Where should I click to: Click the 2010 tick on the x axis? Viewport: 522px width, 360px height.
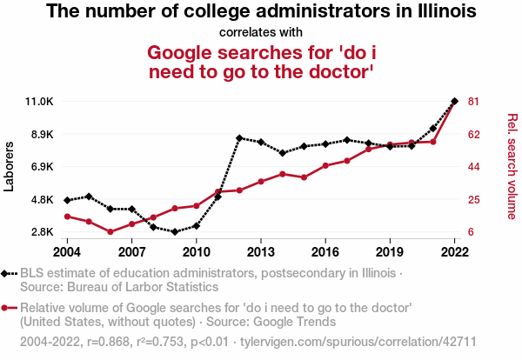(x=196, y=251)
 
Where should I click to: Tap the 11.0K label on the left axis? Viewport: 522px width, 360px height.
(x=39, y=102)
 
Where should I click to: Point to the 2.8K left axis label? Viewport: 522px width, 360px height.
(x=40, y=232)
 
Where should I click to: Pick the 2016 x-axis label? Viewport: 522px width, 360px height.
(x=325, y=251)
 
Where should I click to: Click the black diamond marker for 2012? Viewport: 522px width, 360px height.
(x=239, y=138)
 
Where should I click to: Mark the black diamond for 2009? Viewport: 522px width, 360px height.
(x=175, y=232)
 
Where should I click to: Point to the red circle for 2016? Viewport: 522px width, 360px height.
(x=325, y=165)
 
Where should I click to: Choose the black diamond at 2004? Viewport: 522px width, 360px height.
(x=68, y=201)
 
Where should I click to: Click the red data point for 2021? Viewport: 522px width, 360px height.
(x=433, y=142)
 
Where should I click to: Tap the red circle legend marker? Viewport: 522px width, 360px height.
(x=6, y=308)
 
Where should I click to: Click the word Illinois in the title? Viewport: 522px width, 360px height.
(x=443, y=12)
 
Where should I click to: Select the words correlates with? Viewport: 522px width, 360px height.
(x=261, y=32)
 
